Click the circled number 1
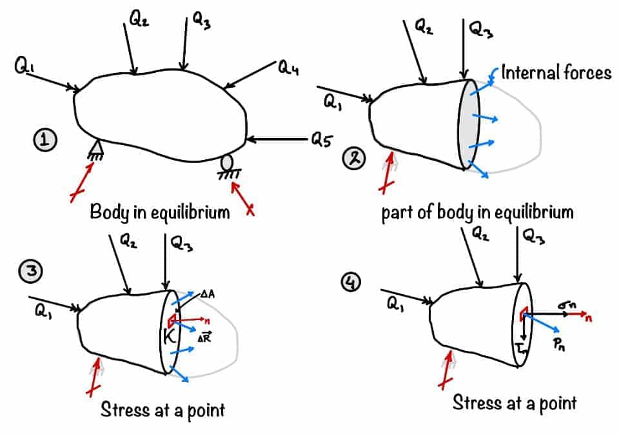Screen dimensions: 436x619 46,139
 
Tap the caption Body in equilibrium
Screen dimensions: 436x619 159,212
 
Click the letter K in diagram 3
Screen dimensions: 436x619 172,335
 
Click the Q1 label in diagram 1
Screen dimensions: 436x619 22,65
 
